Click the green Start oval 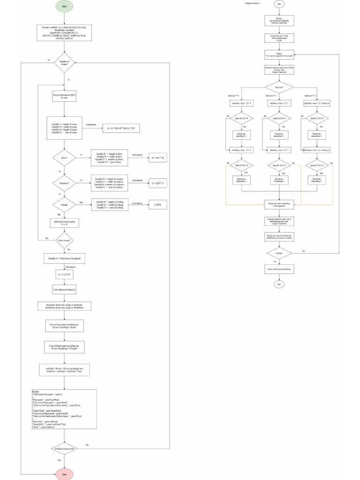click(x=64, y=6)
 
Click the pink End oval click(x=64, y=474)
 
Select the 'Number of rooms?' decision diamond click(x=64, y=63)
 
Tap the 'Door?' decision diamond click(x=64, y=158)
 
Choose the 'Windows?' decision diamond click(x=64, y=183)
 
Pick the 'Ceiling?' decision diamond click(x=64, y=204)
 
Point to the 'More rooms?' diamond click(x=64, y=240)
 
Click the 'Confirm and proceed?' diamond click(x=64, y=449)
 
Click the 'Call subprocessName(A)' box click(x=64, y=290)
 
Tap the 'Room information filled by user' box click(x=64, y=96)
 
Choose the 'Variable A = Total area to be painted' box click(x=64, y=258)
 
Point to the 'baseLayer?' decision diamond click(x=279, y=87)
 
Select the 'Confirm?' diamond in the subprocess click(x=279, y=253)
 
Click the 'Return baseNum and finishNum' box click(x=279, y=270)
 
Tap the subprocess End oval click(x=279, y=284)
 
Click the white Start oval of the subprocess click(x=279, y=4)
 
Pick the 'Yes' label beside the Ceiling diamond click(x=81, y=202)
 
